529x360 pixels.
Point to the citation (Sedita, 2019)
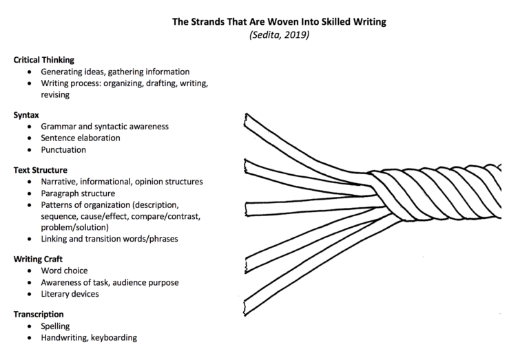pyautogui.click(x=279, y=36)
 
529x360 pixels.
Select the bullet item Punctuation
pyautogui.click(x=63, y=149)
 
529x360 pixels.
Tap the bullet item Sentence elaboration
pyautogui.click(x=80, y=138)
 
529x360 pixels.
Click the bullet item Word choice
pyautogui.click(x=64, y=271)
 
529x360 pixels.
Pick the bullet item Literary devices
pyautogui.click(x=70, y=294)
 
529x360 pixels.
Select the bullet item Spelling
pyautogui.click(x=56, y=326)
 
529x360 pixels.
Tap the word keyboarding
pyautogui.click(x=113, y=337)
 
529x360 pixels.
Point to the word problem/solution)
pyautogui.click(x=76, y=227)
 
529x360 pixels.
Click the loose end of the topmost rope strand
pyautogui.click(x=247, y=120)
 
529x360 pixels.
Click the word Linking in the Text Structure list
pyautogui.click(x=55, y=239)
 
